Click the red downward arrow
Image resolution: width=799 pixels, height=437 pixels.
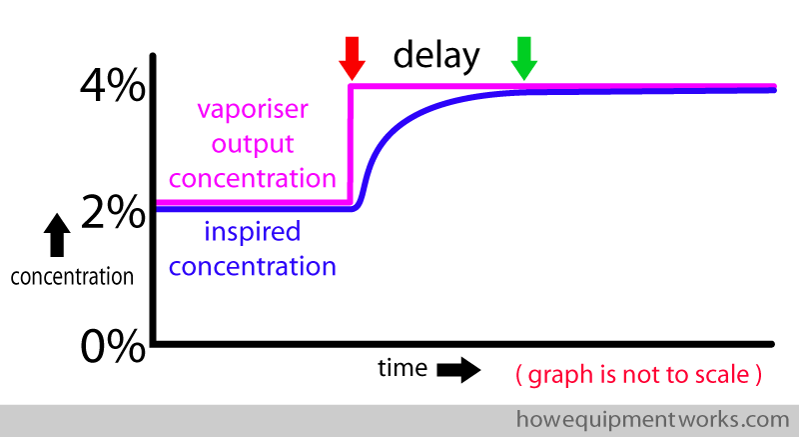352,58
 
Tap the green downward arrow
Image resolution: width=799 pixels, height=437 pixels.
523,58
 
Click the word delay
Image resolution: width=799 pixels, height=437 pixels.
436,55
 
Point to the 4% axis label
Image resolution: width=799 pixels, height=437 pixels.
113,85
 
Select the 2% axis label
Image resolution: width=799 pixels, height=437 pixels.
113,212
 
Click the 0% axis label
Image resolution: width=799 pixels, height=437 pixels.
113,346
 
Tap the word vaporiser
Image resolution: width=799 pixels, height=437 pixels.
253,110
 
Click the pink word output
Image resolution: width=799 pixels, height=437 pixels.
253,145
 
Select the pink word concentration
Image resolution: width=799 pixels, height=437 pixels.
253,178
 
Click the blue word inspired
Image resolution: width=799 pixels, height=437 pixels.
253,232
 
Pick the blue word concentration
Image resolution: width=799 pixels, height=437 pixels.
253,266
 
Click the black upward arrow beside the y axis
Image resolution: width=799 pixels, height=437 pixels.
57,235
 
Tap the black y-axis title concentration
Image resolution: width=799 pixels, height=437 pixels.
72,277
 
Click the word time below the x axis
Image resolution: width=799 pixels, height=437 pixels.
402,368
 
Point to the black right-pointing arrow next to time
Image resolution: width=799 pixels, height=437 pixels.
458,370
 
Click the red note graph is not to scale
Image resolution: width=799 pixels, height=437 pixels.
639,375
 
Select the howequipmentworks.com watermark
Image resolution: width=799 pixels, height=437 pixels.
653,420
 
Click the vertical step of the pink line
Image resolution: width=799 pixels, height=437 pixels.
351,145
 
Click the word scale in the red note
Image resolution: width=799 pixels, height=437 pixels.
722,375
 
